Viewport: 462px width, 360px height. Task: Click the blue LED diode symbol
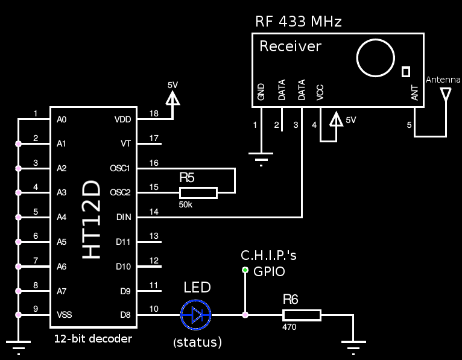tap(196, 315)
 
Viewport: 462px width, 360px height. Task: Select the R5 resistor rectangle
tap(198, 193)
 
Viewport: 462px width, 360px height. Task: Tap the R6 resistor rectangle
tap(302, 315)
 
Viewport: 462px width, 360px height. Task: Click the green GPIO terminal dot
tap(245, 270)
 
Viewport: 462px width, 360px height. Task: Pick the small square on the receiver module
tap(406, 72)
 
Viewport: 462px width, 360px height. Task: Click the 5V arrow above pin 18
tap(172, 98)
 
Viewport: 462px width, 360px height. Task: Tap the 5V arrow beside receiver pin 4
tap(336, 119)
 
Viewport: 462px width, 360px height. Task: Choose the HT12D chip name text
tap(91, 219)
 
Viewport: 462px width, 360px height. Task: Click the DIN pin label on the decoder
tap(124, 217)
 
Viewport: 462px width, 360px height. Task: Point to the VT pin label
tap(126, 144)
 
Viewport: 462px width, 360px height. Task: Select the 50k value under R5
tap(186, 204)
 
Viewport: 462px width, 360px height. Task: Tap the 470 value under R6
tap(290, 327)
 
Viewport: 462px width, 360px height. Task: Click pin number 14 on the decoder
tap(154, 212)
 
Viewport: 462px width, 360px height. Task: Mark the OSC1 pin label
tap(120, 168)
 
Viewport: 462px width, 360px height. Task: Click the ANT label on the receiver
tap(414, 93)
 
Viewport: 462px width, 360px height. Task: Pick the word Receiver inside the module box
tap(290, 46)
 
